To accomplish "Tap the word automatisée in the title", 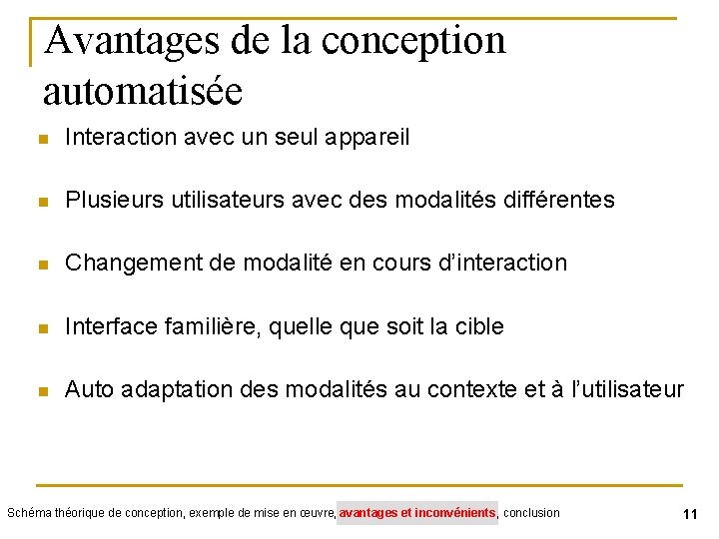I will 143,91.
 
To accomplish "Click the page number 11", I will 689,514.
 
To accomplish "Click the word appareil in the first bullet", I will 369,138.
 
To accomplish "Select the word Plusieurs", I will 110,201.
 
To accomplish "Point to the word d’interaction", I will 503,264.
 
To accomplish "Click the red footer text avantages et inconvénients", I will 417,513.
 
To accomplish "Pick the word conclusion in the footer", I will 532,513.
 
